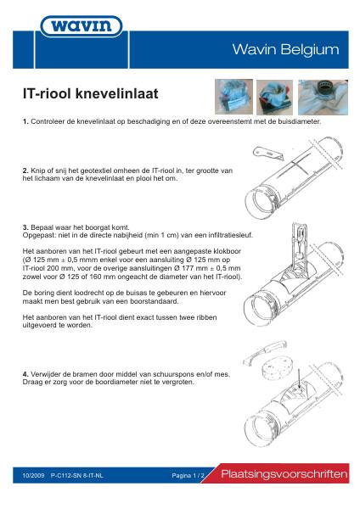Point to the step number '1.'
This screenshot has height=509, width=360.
click(25, 123)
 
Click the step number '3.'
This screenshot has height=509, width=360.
click(25, 227)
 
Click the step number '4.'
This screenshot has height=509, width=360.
click(25, 372)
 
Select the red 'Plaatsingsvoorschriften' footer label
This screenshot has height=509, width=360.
click(284, 473)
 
